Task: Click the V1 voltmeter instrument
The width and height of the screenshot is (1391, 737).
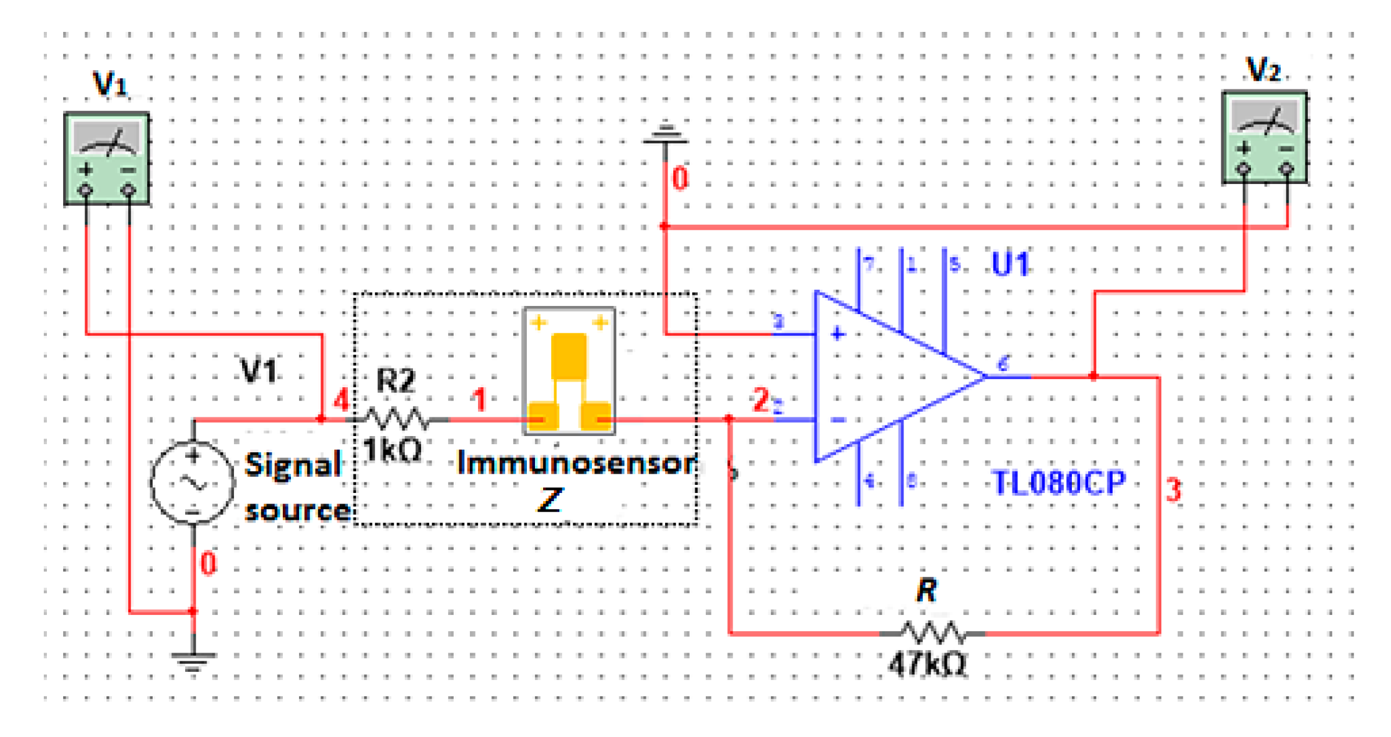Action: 107,158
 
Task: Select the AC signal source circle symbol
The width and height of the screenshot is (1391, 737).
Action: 193,482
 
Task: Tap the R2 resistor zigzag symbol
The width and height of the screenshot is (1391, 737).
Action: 396,419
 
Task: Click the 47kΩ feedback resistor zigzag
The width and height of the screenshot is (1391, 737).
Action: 932,633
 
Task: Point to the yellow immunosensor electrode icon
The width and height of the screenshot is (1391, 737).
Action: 569,371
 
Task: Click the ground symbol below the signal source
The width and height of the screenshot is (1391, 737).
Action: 193,661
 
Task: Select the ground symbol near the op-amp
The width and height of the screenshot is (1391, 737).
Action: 665,134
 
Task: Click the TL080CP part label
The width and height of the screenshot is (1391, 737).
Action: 1059,483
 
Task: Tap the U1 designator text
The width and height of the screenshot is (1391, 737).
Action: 1010,264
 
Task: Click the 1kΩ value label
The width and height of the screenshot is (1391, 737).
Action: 392,450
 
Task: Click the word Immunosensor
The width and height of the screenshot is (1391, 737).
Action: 576,464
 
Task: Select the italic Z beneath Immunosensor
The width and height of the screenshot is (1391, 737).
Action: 551,500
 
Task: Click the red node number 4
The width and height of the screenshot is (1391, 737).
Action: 340,399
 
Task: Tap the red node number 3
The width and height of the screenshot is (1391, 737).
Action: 1173,490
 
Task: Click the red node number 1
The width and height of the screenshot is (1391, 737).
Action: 479,400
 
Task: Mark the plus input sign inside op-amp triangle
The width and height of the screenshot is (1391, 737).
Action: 837,334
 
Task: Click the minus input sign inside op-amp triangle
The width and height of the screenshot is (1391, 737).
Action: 838,420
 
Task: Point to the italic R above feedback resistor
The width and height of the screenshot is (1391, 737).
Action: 926,590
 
